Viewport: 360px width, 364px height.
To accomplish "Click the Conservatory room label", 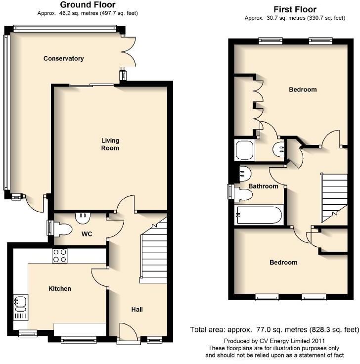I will click(x=63, y=58).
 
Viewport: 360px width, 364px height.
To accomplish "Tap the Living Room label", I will click(x=110, y=144).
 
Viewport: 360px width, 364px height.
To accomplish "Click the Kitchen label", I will click(x=59, y=289).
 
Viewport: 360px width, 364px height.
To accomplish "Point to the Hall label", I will click(x=137, y=310).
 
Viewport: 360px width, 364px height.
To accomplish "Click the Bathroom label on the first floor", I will click(x=263, y=186).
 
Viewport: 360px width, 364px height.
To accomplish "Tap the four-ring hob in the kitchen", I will click(x=60, y=256).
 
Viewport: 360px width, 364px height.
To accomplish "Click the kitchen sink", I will click(x=20, y=301).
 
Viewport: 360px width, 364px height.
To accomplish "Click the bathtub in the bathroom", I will click(x=259, y=216).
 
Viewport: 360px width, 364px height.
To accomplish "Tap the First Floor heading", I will click(x=295, y=9).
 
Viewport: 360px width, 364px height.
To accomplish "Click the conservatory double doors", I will click(x=129, y=52).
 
